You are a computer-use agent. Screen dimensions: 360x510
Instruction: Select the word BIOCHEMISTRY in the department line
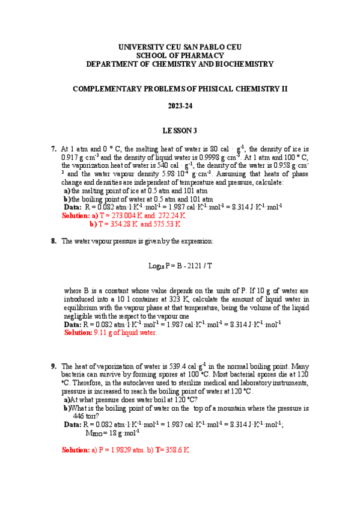pos(241,63)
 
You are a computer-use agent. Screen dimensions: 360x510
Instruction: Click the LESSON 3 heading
pos(180,130)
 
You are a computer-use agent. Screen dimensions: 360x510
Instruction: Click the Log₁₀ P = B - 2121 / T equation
pos(180,265)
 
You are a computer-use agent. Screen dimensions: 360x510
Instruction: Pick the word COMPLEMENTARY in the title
pos(111,88)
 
